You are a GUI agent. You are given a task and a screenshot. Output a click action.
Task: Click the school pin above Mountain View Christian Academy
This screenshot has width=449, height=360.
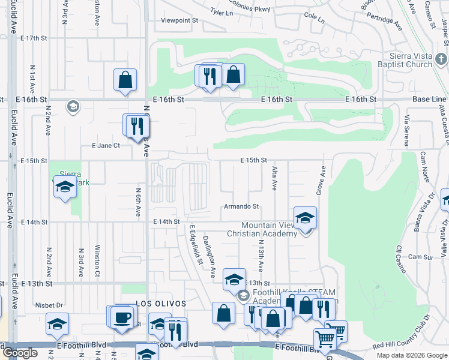305,218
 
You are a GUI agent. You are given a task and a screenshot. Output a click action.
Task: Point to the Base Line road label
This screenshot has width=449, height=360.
429,99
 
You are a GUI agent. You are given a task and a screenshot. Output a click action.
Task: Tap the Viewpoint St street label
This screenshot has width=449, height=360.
179,20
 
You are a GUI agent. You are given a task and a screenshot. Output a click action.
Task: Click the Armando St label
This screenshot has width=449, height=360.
241,206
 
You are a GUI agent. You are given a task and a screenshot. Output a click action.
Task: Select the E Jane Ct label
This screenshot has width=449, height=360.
106,145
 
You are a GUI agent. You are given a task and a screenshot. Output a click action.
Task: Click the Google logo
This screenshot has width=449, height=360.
20,353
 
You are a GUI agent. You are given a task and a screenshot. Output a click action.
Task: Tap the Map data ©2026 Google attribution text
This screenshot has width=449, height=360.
412,355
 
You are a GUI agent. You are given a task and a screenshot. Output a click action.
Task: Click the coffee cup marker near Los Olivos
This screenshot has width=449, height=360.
122,316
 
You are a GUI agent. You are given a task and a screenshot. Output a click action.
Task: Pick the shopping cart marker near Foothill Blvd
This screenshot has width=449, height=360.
325,339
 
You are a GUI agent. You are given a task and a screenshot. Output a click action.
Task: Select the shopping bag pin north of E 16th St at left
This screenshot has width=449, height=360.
125,80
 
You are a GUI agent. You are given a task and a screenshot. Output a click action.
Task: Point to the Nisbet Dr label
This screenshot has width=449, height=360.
49,304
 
